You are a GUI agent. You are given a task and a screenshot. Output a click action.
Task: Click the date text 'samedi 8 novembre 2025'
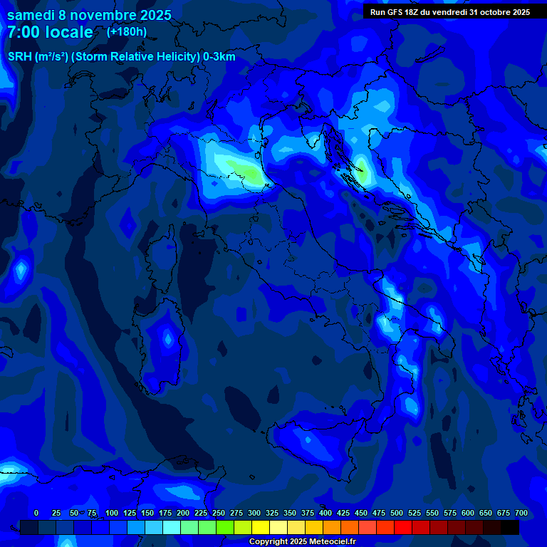click(89, 15)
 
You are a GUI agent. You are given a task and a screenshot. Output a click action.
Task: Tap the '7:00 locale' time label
click(51, 32)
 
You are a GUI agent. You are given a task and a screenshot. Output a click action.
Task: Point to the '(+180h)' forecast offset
click(127, 31)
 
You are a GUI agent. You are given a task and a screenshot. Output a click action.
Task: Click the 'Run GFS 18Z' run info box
click(450, 12)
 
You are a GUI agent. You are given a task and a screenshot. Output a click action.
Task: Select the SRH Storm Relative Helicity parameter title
click(121, 57)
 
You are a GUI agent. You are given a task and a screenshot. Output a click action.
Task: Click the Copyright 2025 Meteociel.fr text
click(302, 541)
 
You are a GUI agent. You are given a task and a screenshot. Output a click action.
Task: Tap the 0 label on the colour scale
click(36, 513)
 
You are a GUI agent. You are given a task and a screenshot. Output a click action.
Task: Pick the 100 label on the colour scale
click(112, 513)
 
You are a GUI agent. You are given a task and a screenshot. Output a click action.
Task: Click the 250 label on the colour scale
click(219, 513)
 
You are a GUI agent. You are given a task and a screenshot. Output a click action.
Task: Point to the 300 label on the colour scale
click(254, 513)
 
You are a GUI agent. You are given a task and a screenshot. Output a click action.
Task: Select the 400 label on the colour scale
click(325, 513)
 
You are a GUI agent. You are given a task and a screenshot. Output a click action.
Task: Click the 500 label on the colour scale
click(397, 513)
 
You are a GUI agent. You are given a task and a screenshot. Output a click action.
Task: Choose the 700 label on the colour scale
click(521, 513)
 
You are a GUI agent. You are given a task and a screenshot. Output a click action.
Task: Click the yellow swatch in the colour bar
click(261, 528)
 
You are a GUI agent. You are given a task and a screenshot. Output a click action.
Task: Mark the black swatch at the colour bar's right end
click(510, 528)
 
